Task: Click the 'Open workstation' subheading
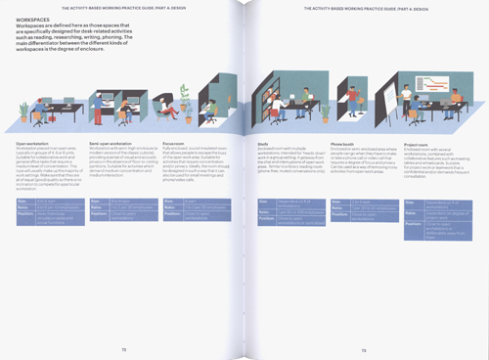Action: pyautogui.click(x=33, y=143)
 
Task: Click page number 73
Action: pyautogui.click(x=363, y=346)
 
